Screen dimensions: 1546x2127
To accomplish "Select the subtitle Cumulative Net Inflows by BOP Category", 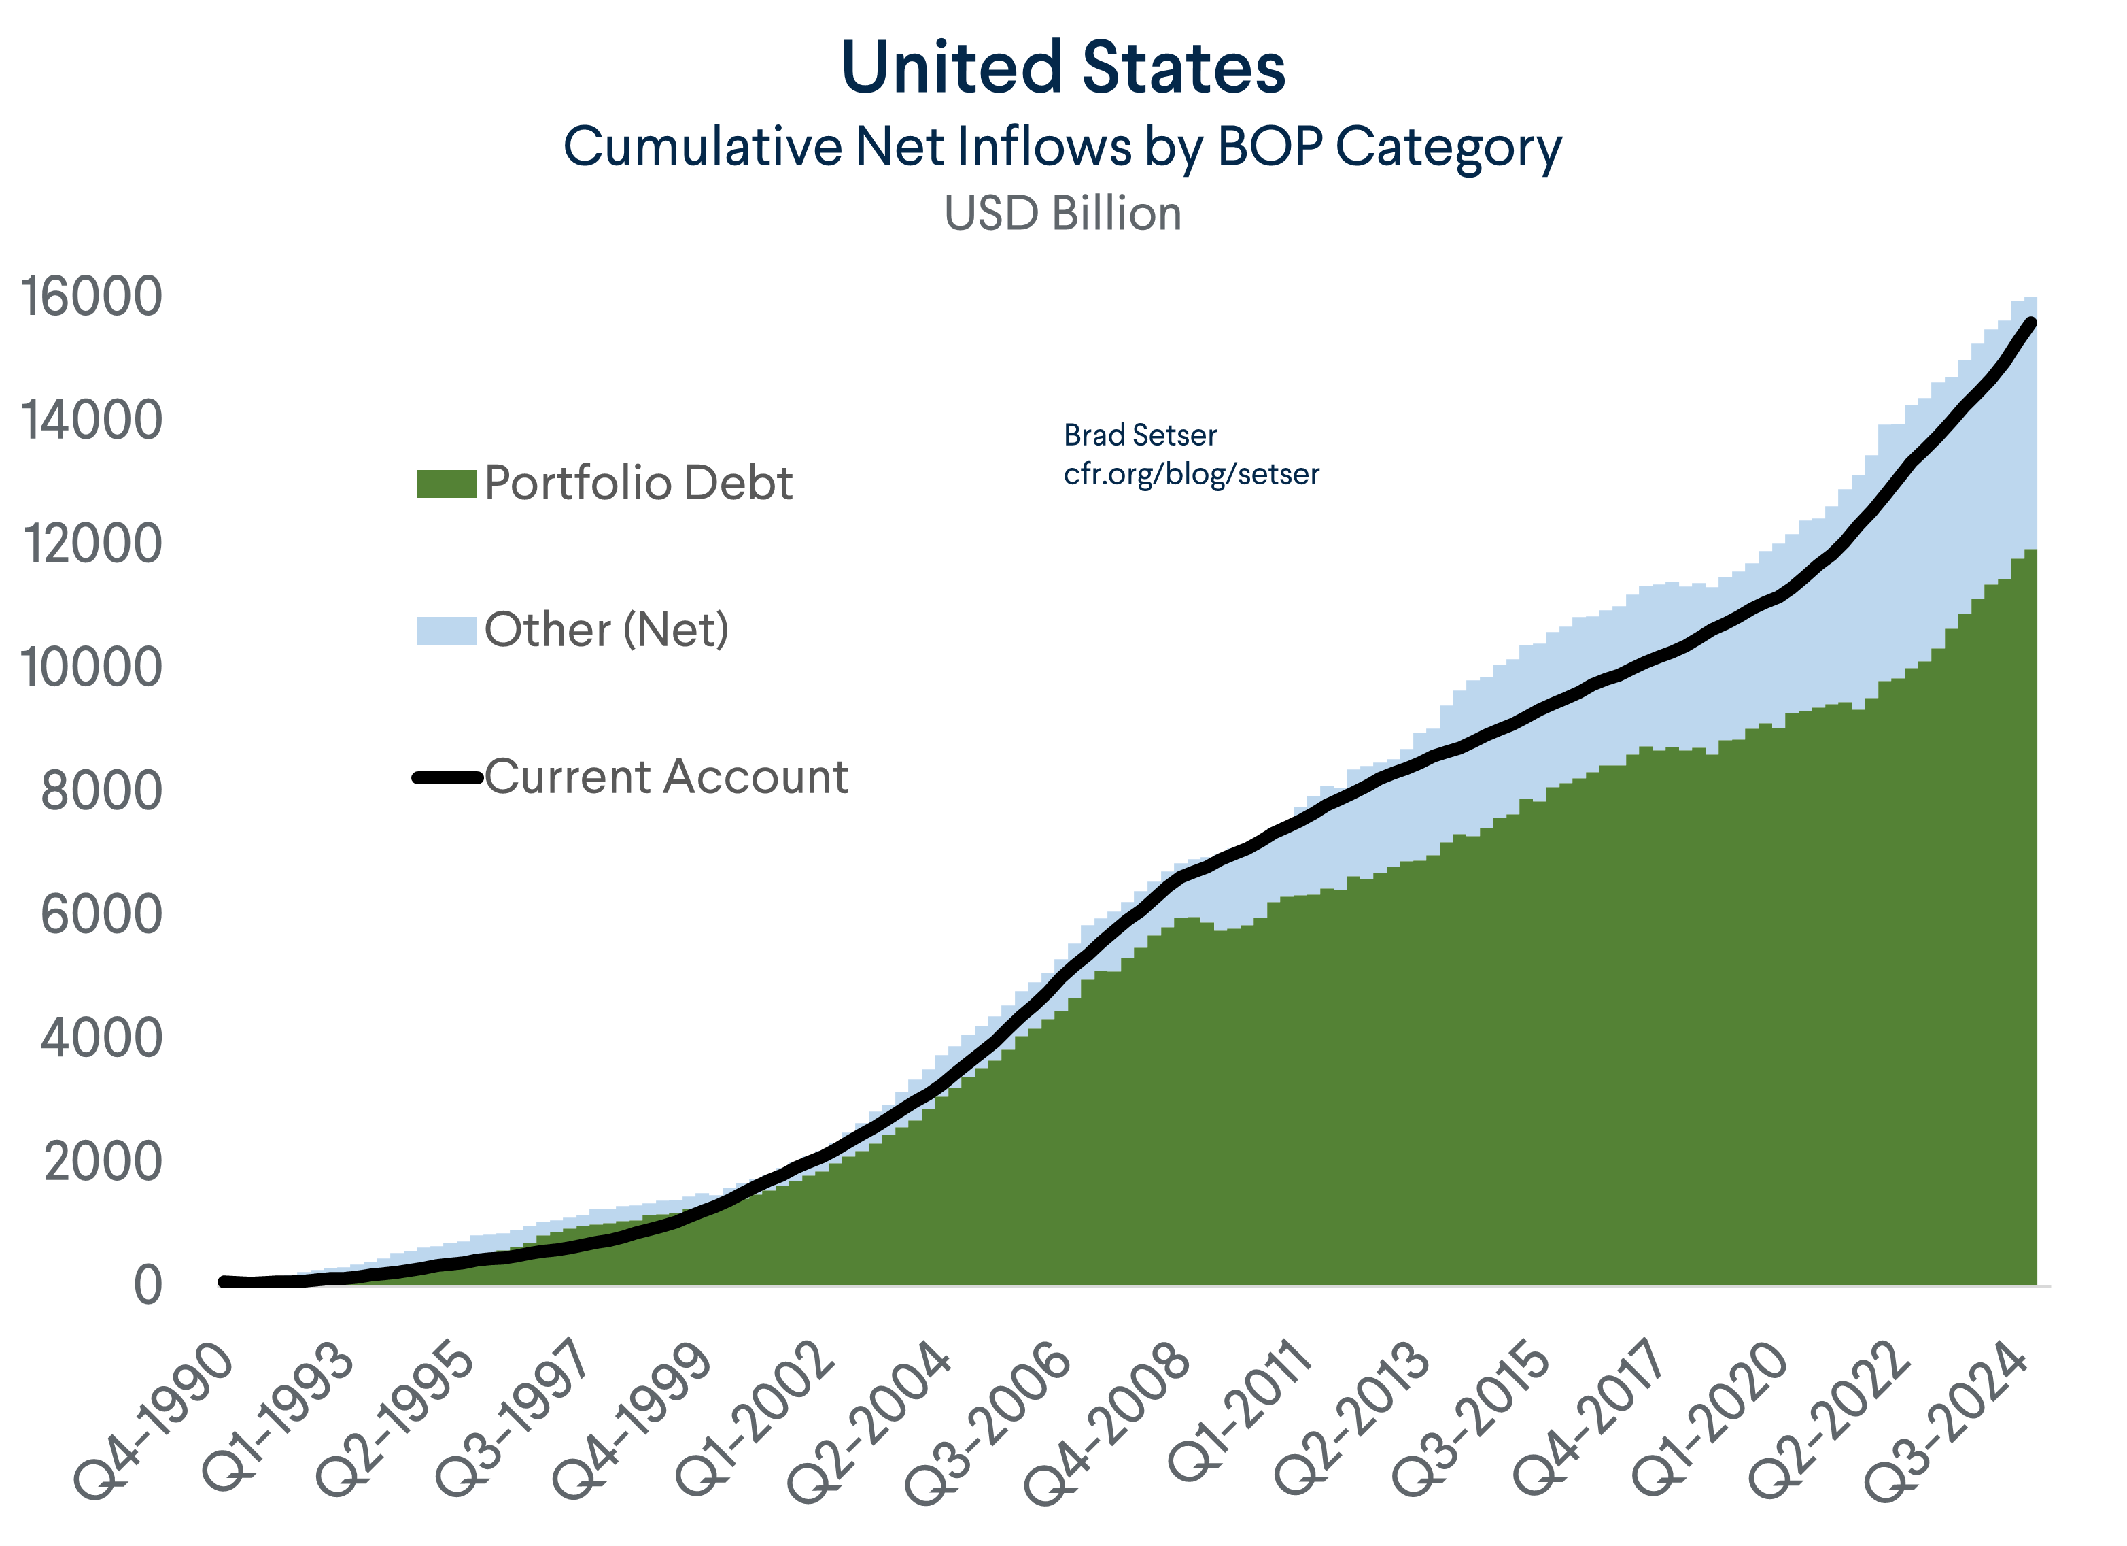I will tap(1062, 148).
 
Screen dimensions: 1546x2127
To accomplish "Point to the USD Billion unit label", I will tap(1062, 214).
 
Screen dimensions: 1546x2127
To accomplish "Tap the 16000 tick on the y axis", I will tap(92, 297).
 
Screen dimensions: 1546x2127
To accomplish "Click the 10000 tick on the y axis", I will tap(92, 668).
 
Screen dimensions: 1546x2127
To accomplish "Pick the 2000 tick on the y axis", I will tap(103, 1162).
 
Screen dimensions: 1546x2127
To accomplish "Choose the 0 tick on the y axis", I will tap(148, 1285).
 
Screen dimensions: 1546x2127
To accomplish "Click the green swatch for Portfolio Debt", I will tap(447, 484).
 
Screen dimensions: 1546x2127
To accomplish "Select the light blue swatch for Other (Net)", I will tap(447, 631).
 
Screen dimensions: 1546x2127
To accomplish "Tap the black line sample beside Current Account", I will tap(447, 777).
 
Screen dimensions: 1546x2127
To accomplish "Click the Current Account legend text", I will tap(666, 777).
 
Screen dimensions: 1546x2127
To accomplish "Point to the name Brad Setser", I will tap(1139, 435).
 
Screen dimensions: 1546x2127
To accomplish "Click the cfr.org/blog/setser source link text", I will tap(1191, 475).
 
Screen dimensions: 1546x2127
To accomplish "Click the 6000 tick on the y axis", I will tap(101, 915).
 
